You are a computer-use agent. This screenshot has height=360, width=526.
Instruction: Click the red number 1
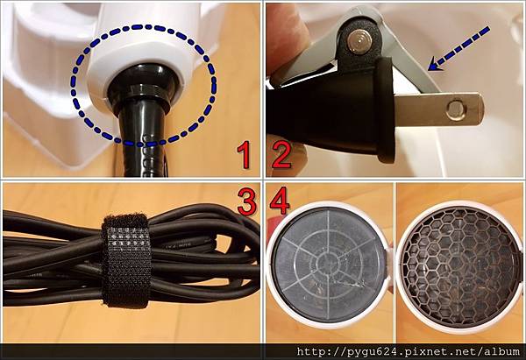244,154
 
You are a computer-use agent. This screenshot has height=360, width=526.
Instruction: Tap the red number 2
281,154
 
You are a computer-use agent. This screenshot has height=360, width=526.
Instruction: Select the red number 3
247,201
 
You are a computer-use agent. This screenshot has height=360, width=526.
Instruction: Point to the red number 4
280,201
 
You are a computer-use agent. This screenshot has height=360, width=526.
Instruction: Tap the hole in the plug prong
454,109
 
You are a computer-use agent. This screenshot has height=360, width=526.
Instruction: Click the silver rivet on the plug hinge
359,41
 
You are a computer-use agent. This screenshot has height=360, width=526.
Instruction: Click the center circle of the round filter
329,264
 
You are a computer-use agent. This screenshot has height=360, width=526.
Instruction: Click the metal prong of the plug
439,109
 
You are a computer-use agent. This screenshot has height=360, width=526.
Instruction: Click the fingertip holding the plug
288,37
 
